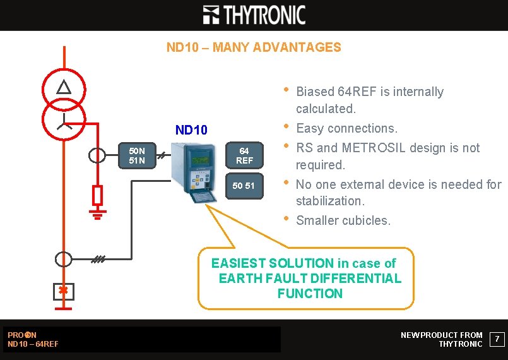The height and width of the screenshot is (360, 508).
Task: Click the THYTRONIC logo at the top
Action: [x=254, y=15]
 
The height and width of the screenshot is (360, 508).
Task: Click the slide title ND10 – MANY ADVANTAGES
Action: [x=254, y=47]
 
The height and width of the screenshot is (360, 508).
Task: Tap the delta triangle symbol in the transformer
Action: [x=64, y=88]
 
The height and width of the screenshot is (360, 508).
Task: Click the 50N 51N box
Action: [x=137, y=155]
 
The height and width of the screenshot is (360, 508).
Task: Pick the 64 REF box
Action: [x=244, y=155]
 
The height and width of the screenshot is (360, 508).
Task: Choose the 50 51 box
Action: [x=244, y=185]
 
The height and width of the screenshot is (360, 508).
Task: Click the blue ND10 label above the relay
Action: [x=191, y=130]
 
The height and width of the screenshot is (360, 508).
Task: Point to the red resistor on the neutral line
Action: [x=97, y=196]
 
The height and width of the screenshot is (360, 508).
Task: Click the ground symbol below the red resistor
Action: [x=97, y=217]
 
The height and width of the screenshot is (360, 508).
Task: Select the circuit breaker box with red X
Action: [x=64, y=291]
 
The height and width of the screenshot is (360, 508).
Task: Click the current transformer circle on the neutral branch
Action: [x=97, y=155]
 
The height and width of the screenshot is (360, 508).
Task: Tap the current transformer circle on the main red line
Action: [x=64, y=259]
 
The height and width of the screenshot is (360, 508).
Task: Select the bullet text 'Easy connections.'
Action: [x=346, y=128]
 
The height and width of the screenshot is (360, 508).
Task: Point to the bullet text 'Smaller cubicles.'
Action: [x=343, y=220]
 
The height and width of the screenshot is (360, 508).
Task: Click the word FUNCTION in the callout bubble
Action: [x=310, y=294]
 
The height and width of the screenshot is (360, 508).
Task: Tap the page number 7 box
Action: [x=497, y=340]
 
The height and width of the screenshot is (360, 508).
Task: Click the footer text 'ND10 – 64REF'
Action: [x=33, y=344]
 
